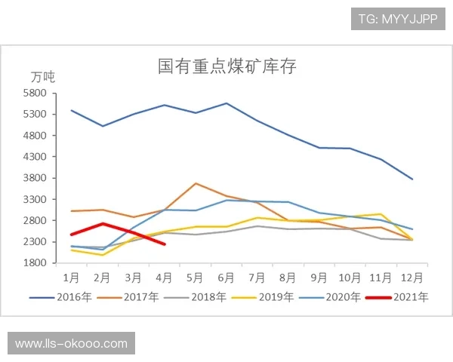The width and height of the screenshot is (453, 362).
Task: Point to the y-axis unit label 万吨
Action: coord(43,77)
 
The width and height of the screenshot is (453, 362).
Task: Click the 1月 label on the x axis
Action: coord(72,276)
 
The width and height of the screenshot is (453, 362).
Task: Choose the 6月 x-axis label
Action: coord(226,276)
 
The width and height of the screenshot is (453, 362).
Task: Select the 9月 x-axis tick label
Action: coord(319,276)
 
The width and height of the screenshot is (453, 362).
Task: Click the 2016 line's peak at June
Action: coord(226,103)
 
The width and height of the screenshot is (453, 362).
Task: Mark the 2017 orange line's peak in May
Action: coord(195,183)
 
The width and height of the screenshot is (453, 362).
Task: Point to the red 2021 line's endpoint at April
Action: coord(164,244)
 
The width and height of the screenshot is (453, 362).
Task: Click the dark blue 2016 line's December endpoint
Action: coord(412,179)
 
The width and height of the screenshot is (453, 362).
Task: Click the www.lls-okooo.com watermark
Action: coord(72,344)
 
